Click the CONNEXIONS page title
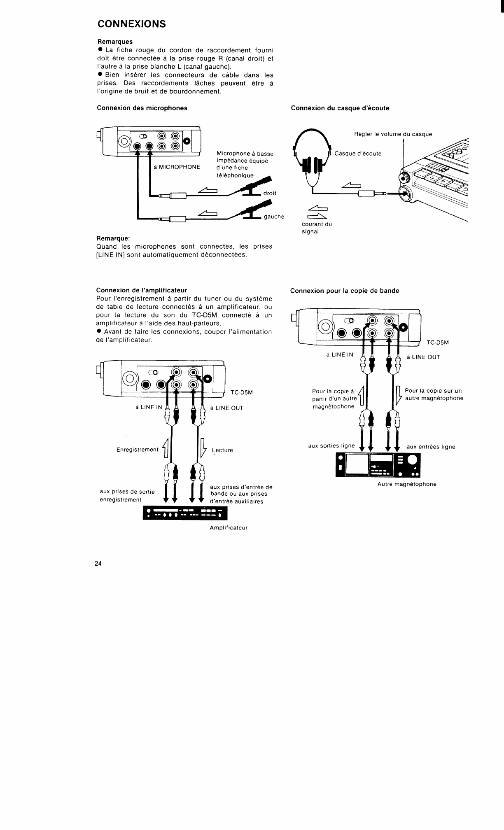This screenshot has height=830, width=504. pyautogui.click(x=131, y=23)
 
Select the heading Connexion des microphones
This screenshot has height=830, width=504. pyautogui.click(x=142, y=108)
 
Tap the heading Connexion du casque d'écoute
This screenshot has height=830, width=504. pyautogui.click(x=340, y=108)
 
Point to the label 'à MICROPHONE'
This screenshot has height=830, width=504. pyautogui.click(x=177, y=167)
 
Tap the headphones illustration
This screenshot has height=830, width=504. pyautogui.click(x=312, y=156)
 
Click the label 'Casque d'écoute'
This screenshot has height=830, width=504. pyautogui.click(x=358, y=154)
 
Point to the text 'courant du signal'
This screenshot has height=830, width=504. pyautogui.click(x=316, y=228)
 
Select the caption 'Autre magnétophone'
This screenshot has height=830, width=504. pyautogui.click(x=406, y=484)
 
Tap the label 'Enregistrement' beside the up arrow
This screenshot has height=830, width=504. pyautogui.click(x=137, y=450)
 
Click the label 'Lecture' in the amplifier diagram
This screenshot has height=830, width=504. pyautogui.click(x=222, y=450)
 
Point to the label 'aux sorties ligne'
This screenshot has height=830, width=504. pyautogui.click(x=331, y=445)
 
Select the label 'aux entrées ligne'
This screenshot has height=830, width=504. pyautogui.click(x=431, y=447)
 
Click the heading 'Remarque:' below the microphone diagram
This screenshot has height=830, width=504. pyautogui.click(x=113, y=238)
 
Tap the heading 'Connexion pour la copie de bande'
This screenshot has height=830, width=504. pyautogui.click(x=344, y=291)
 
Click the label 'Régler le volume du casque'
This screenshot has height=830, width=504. pyautogui.click(x=393, y=134)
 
